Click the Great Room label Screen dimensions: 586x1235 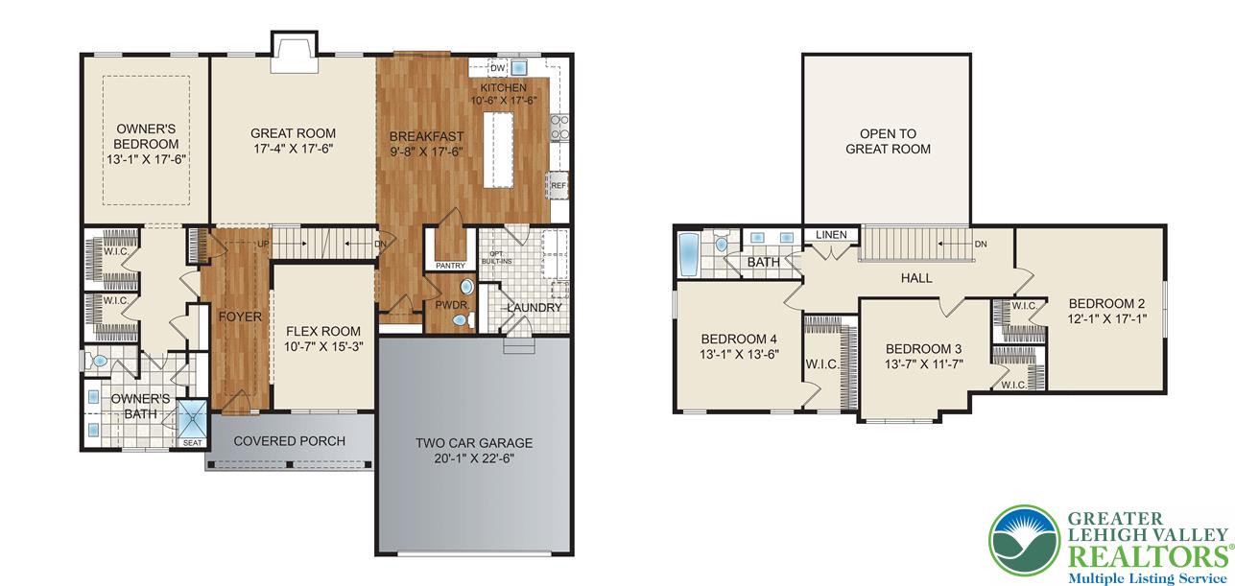293,133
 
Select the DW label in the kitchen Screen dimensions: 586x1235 497,69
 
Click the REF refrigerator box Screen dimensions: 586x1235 558,185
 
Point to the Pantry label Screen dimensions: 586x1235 450,266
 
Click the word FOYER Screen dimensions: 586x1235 240,316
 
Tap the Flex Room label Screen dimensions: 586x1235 323,332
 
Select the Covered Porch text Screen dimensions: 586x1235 289,441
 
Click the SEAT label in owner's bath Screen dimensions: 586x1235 193,442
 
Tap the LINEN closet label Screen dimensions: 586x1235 831,235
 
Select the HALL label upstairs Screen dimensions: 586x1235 916,278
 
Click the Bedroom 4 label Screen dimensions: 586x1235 739,339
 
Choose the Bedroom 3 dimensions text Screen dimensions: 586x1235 924,363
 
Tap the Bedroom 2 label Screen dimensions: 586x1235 1106,303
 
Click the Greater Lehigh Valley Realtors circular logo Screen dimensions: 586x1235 1025,541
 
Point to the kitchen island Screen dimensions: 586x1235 499,150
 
